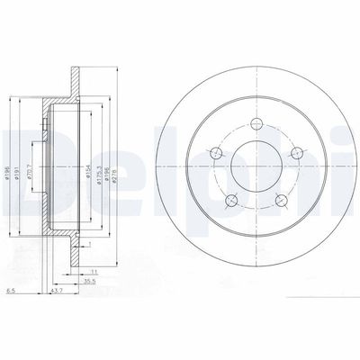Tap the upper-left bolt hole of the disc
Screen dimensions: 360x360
pos(217,156)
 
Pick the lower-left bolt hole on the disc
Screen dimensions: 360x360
pos(232,200)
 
